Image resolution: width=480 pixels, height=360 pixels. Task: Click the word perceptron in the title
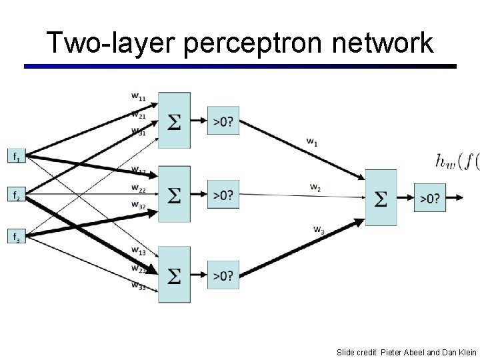click(247, 45)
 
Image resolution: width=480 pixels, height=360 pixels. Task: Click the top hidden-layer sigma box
click(174, 121)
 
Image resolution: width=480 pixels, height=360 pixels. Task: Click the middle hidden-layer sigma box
click(174, 195)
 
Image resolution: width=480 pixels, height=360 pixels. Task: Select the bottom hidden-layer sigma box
click(174, 275)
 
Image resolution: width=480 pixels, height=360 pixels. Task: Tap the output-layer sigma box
click(381, 197)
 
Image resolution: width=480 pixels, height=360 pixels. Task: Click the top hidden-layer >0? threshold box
click(223, 121)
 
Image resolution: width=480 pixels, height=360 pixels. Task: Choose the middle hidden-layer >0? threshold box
click(223, 195)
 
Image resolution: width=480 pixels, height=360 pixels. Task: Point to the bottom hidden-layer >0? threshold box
click(223, 275)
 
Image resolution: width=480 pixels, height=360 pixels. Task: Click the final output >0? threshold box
click(430, 197)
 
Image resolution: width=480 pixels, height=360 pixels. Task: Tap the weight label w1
click(311, 141)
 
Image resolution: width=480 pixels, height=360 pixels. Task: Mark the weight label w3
click(319, 230)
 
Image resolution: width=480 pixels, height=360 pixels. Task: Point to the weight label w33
click(139, 287)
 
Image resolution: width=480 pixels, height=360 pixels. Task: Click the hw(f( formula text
click(457, 161)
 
